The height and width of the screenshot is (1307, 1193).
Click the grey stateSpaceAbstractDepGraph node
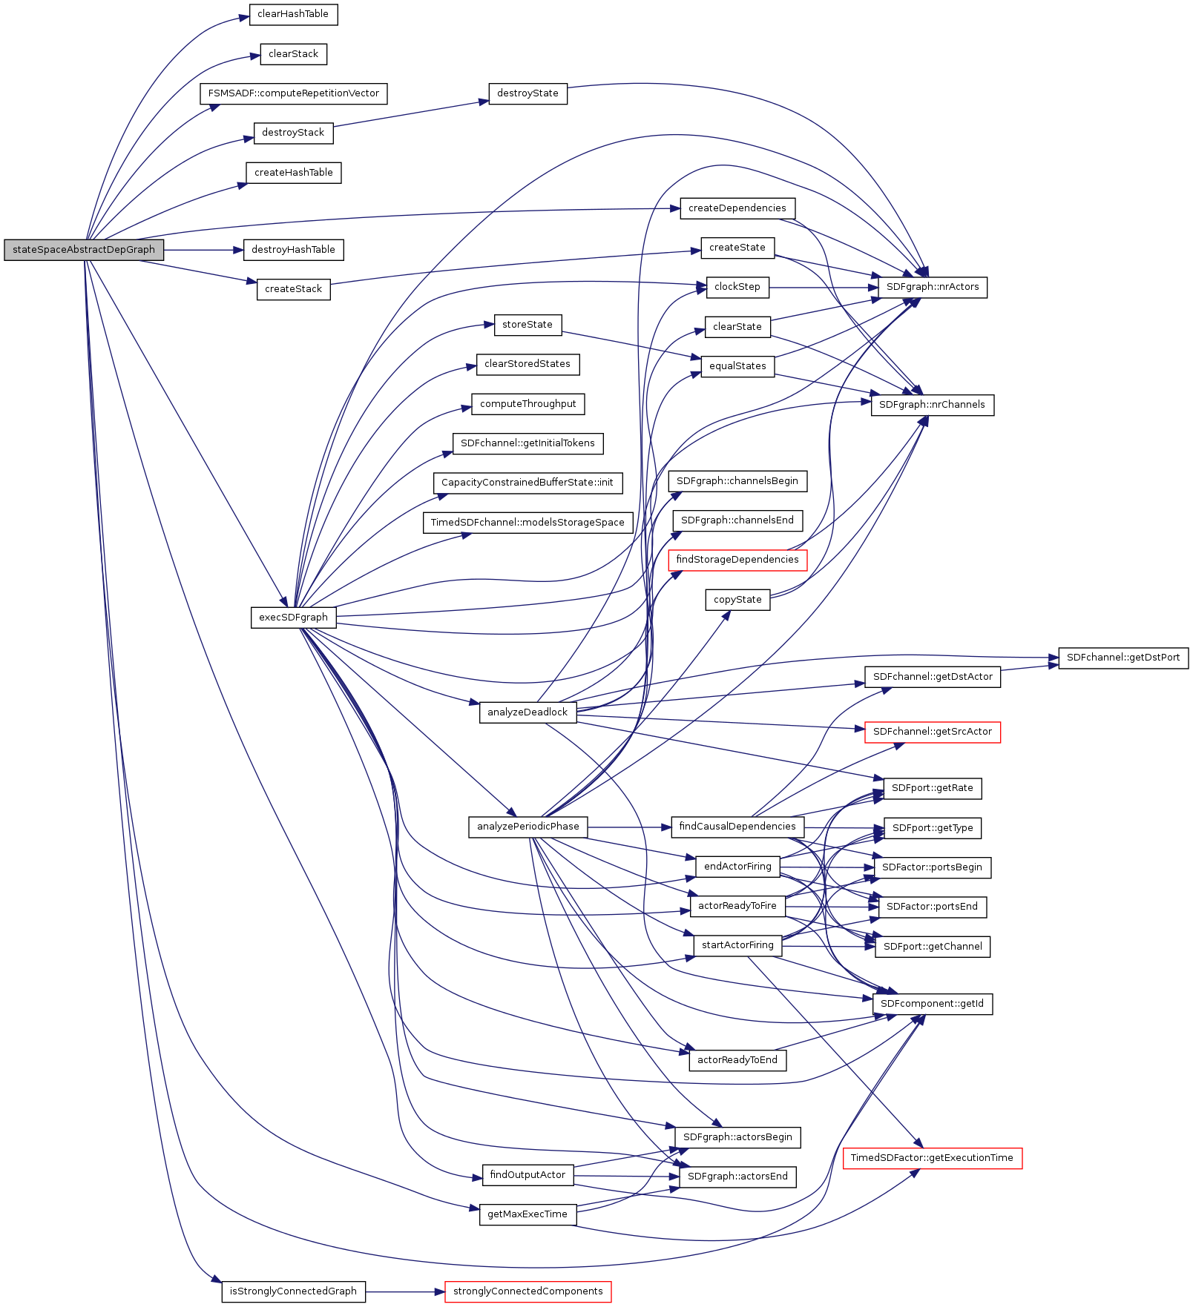pos(84,250)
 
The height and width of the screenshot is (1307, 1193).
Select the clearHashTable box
pos(293,14)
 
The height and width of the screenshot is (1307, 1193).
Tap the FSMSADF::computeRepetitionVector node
pos(293,93)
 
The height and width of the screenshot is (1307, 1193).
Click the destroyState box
pos(528,93)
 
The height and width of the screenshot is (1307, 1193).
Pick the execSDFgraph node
pos(293,618)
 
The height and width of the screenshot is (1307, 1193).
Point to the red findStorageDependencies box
pos(737,560)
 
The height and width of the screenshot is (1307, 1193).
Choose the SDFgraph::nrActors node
pos(933,287)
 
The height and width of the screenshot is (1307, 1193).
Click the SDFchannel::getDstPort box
pos(1123,658)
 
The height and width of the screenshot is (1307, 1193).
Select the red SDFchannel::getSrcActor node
pos(933,732)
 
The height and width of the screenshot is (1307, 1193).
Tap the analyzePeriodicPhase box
pos(528,827)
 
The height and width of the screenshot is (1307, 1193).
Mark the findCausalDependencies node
pos(737,827)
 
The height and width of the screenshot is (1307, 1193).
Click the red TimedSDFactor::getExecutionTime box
pos(932,1158)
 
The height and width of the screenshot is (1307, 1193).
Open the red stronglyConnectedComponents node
pos(528,1291)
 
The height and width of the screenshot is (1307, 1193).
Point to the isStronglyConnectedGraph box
pos(293,1291)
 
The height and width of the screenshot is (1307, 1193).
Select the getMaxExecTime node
pos(528,1214)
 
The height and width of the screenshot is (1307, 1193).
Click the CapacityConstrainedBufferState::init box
pos(528,483)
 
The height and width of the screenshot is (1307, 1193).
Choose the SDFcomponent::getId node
pos(932,1004)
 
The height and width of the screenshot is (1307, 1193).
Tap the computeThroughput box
pos(528,404)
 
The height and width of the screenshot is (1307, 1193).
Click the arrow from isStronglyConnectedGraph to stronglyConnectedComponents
pos(405,1291)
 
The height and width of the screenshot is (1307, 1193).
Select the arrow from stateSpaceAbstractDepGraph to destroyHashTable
pos(203,250)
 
